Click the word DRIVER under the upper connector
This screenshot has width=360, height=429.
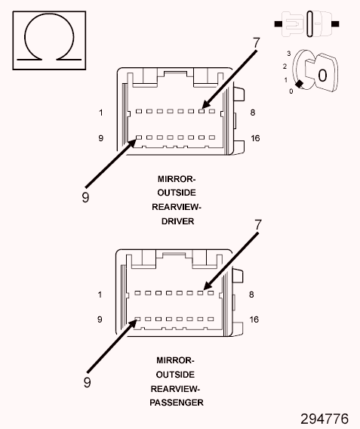coord(177,222)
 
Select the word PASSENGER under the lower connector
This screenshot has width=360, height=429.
coord(177,403)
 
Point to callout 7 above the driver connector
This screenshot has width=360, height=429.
coord(256,44)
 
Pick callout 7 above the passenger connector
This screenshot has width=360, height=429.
coord(258,225)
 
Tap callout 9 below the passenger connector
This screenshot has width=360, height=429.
coord(87,382)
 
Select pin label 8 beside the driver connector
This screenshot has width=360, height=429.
coord(253,113)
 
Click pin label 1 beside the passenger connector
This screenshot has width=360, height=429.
coord(100,295)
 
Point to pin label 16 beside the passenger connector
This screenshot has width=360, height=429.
coord(254,319)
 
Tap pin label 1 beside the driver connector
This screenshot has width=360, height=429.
coord(100,113)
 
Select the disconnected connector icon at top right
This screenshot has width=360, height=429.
coord(312,25)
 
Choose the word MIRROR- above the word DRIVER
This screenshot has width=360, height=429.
coord(177,179)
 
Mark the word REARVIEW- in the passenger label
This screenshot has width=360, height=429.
coord(177,388)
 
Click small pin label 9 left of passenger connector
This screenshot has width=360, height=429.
coord(100,319)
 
